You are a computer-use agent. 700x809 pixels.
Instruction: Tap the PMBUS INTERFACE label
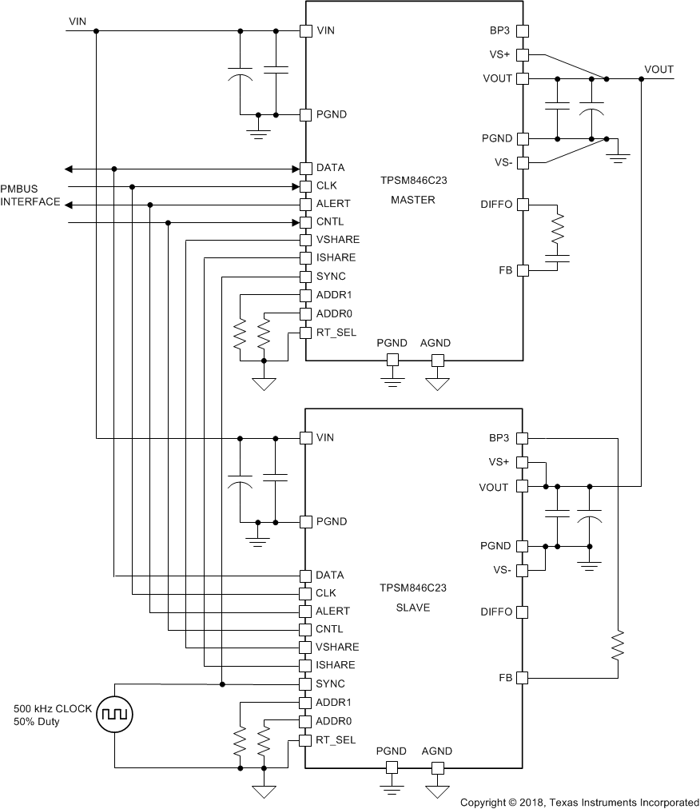pyautogui.click(x=30, y=195)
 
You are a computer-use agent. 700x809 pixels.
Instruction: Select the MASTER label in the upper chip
pyautogui.click(x=412, y=200)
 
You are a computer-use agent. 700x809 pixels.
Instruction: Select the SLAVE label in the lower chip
pyautogui.click(x=412, y=608)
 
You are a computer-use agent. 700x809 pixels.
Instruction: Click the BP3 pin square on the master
pyautogui.click(x=522, y=31)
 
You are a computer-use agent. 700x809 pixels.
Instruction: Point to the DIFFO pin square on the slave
pyautogui.click(x=522, y=612)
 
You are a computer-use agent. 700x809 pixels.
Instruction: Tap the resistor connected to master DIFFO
pyautogui.click(x=559, y=230)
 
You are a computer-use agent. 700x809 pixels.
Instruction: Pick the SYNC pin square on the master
pyautogui.click(x=304, y=277)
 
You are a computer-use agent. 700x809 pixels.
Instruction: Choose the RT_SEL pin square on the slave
pyautogui.click(x=304, y=740)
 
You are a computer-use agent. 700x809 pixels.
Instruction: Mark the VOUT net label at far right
pyautogui.click(x=658, y=70)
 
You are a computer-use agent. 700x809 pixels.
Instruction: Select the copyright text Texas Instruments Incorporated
pyautogui.click(x=579, y=802)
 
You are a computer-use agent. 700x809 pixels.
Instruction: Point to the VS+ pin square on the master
pyautogui.click(x=522, y=55)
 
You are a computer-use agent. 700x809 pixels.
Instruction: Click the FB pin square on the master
pyautogui.click(x=522, y=271)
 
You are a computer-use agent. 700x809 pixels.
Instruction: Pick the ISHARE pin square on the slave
pyautogui.click(x=304, y=665)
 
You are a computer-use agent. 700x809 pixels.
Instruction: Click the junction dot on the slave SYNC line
pyautogui.click(x=222, y=684)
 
